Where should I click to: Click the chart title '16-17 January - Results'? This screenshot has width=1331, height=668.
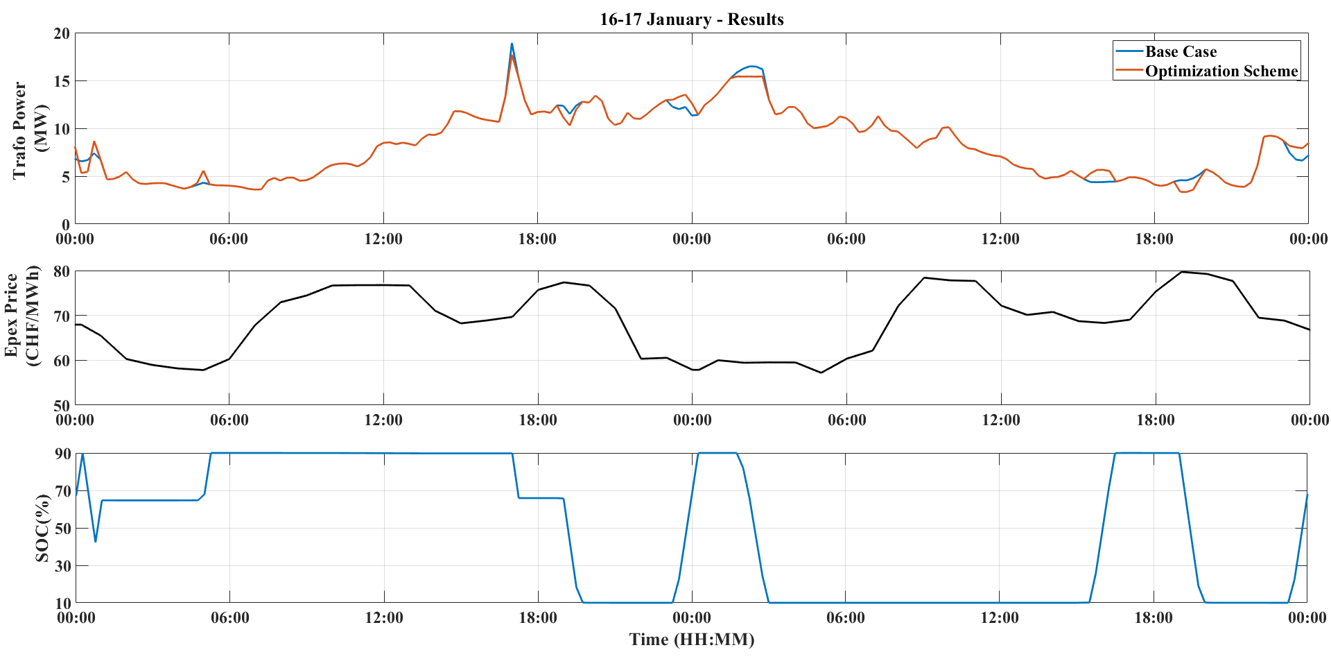click(x=691, y=19)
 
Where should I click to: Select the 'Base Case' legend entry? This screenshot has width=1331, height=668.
click(x=1181, y=52)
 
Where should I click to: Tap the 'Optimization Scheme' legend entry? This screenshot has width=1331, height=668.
click(x=1221, y=71)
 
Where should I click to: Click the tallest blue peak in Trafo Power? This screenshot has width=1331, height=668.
click(x=512, y=44)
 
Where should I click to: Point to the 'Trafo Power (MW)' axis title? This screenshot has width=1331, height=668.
click(x=30, y=130)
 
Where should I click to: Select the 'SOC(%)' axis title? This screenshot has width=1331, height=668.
click(x=43, y=529)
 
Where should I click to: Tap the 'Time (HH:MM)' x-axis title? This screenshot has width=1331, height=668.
click(x=691, y=640)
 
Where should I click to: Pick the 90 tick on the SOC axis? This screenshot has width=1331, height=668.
click(x=62, y=454)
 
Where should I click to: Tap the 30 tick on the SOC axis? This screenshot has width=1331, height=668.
click(x=62, y=566)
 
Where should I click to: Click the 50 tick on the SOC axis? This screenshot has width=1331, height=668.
click(x=62, y=529)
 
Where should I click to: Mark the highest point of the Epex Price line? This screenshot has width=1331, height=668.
click(x=1181, y=272)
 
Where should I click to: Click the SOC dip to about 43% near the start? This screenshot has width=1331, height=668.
click(x=96, y=541)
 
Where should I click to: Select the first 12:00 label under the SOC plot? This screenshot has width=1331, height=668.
click(x=383, y=618)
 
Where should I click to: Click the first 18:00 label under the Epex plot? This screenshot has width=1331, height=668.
click(x=538, y=420)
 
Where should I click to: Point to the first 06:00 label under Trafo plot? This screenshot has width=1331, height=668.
click(x=229, y=239)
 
